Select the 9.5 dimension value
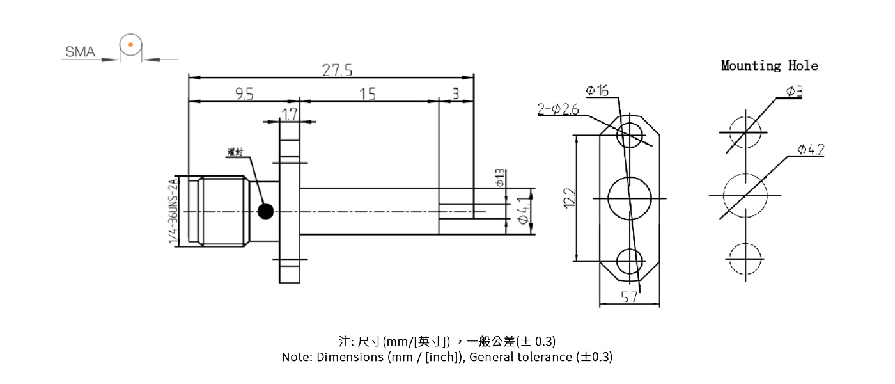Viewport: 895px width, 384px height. (x=244, y=94)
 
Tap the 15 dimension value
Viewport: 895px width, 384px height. (x=367, y=94)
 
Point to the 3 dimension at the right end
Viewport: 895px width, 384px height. (x=455, y=94)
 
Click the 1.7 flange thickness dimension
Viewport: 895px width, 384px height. (x=290, y=115)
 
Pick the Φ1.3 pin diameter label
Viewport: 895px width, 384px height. (x=500, y=177)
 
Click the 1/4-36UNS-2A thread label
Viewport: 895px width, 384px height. (x=171, y=212)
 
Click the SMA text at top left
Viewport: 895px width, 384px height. (x=80, y=52)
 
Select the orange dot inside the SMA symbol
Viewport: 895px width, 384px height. (x=130, y=45)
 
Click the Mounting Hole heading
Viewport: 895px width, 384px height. (x=769, y=65)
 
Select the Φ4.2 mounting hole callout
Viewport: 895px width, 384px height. (x=810, y=150)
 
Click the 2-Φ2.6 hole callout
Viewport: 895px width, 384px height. (x=558, y=109)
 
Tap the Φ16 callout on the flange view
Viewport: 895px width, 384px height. (x=597, y=91)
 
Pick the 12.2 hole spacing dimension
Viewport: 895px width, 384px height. (x=570, y=198)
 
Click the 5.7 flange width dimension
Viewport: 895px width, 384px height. (x=629, y=297)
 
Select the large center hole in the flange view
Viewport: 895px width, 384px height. (x=629, y=198)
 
